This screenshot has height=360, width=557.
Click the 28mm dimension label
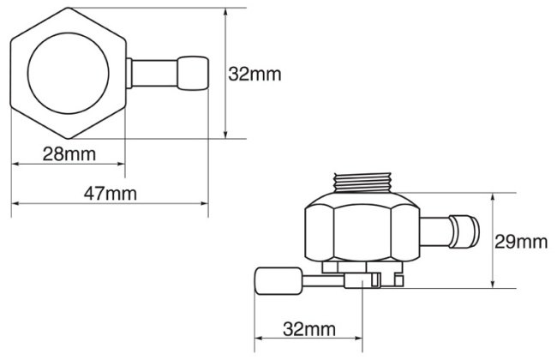point(69,154)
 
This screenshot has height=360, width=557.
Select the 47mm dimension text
point(111,194)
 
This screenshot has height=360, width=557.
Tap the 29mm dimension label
point(521,242)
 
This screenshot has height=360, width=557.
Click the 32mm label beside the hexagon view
point(255,74)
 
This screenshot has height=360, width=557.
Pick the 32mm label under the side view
point(309,329)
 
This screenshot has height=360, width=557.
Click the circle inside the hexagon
point(69,74)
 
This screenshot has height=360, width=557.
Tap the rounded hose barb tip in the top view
point(193,73)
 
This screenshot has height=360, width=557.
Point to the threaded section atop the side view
point(362,183)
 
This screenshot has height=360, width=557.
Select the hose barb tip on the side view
point(464,231)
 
